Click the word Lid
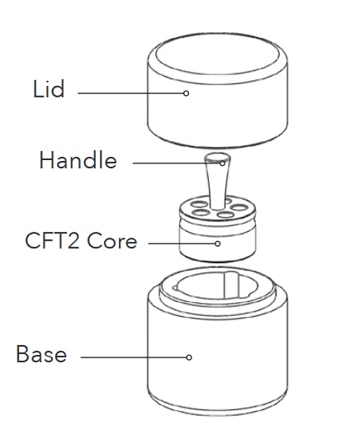click(x=49, y=88)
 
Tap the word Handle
click(x=78, y=160)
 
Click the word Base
click(x=41, y=354)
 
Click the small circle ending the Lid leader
click(x=186, y=93)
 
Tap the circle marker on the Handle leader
click(x=222, y=163)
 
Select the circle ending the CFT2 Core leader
click(x=217, y=243)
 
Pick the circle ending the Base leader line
click(x=189, y=357)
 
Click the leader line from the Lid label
click(x=130, y=93)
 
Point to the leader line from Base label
click(x=133, y=357)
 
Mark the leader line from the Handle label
click(x=176, y=163)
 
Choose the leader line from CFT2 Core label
click(x=182, y=243)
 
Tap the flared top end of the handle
click(x=217, y=158)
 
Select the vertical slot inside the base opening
click(x=230, y=285)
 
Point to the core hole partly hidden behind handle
click(x=228, y=201)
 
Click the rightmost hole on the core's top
click(x=239, y=207)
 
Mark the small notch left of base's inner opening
click(x=175, y=288)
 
